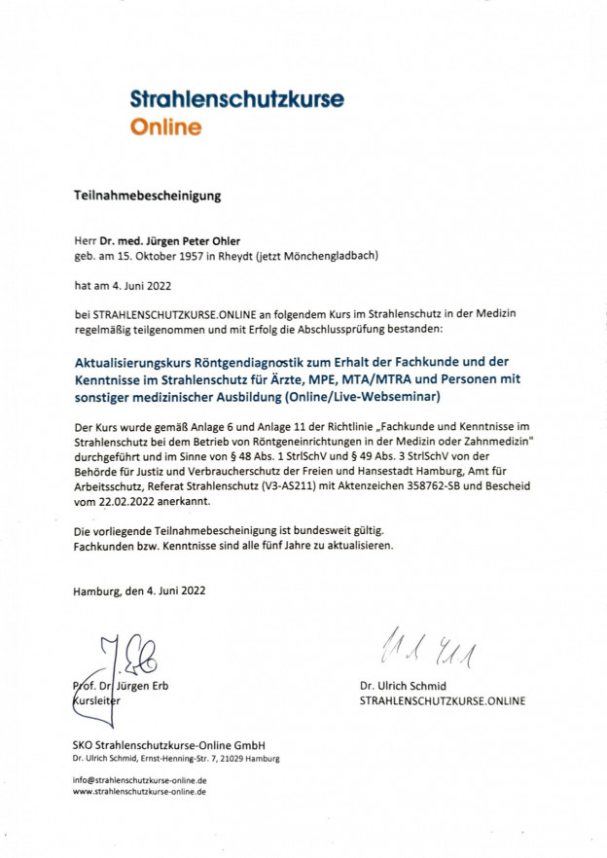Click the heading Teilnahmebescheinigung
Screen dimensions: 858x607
coord(148,196)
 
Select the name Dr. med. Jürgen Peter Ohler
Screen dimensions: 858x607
coord(171,238)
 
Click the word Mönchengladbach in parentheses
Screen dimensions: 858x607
coord(333,256)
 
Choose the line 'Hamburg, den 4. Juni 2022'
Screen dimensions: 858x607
coord(139,590)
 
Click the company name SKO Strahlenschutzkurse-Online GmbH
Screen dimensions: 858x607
coord(161,745)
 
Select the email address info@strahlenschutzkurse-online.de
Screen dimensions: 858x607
coord(139,780)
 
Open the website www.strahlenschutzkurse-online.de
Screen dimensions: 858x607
coord(139,793)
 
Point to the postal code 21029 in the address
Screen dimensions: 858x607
coord(227,758)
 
